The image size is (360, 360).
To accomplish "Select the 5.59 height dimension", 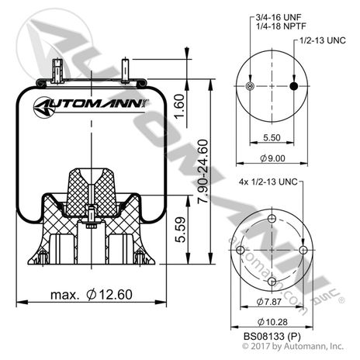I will [x=179, y=230].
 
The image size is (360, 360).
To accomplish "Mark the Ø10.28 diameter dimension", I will [x=270, y=322].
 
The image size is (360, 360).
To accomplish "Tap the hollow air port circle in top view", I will [x=249, y=85].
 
